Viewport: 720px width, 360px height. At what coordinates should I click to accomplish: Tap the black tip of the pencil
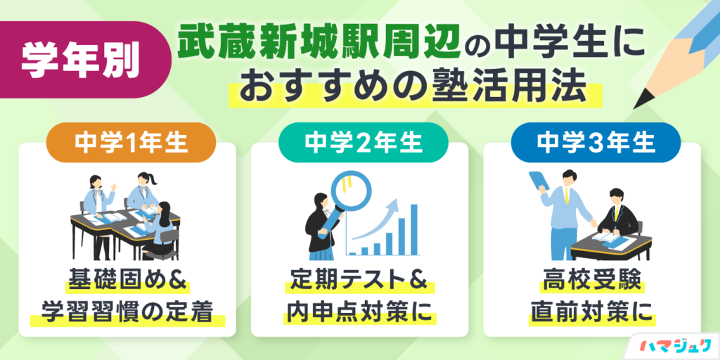coord(641,101)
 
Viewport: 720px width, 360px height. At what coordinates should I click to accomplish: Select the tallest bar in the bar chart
coord(413,229)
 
